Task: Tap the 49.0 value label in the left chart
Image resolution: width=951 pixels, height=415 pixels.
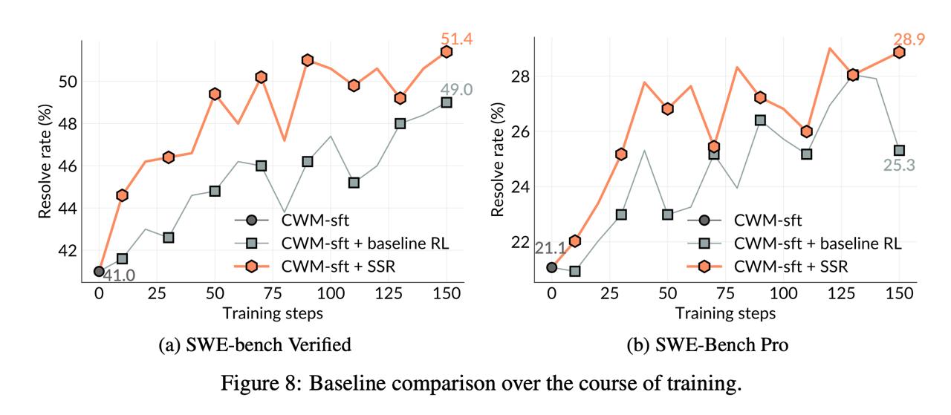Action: [446, 89]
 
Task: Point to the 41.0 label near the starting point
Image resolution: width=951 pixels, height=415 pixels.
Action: [118, 276]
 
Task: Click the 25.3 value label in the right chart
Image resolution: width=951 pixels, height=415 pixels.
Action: [899, 165]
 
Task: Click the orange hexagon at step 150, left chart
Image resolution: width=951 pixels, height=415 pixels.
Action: [447, 51]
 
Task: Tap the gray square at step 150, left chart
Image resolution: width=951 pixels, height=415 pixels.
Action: [447, 102]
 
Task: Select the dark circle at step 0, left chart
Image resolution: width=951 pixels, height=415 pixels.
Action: [99, 271]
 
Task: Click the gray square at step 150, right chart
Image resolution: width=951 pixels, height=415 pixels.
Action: [899, 150]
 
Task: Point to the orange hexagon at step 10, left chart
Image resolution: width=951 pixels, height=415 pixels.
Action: [122, 195]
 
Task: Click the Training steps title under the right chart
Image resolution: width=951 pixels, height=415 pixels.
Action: [724, 313]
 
